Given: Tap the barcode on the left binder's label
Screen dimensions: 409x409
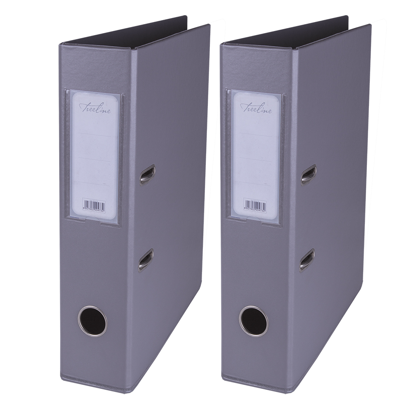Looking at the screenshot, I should click(x=94, y=204).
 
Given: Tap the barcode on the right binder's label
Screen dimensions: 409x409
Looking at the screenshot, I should click(x=255, y=204).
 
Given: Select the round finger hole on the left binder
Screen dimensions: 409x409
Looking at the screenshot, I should click(x=92, y=321).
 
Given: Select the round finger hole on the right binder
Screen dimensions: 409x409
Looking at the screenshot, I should click(x=254, y=321).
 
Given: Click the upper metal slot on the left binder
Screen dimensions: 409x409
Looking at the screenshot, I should click(x=147, y=174).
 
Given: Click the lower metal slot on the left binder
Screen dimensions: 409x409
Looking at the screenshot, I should click(x=146, y=259).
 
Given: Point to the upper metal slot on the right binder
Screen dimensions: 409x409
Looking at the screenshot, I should click(x=308, y=174).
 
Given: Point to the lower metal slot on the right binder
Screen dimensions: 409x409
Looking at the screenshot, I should click(x=307, y=259).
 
